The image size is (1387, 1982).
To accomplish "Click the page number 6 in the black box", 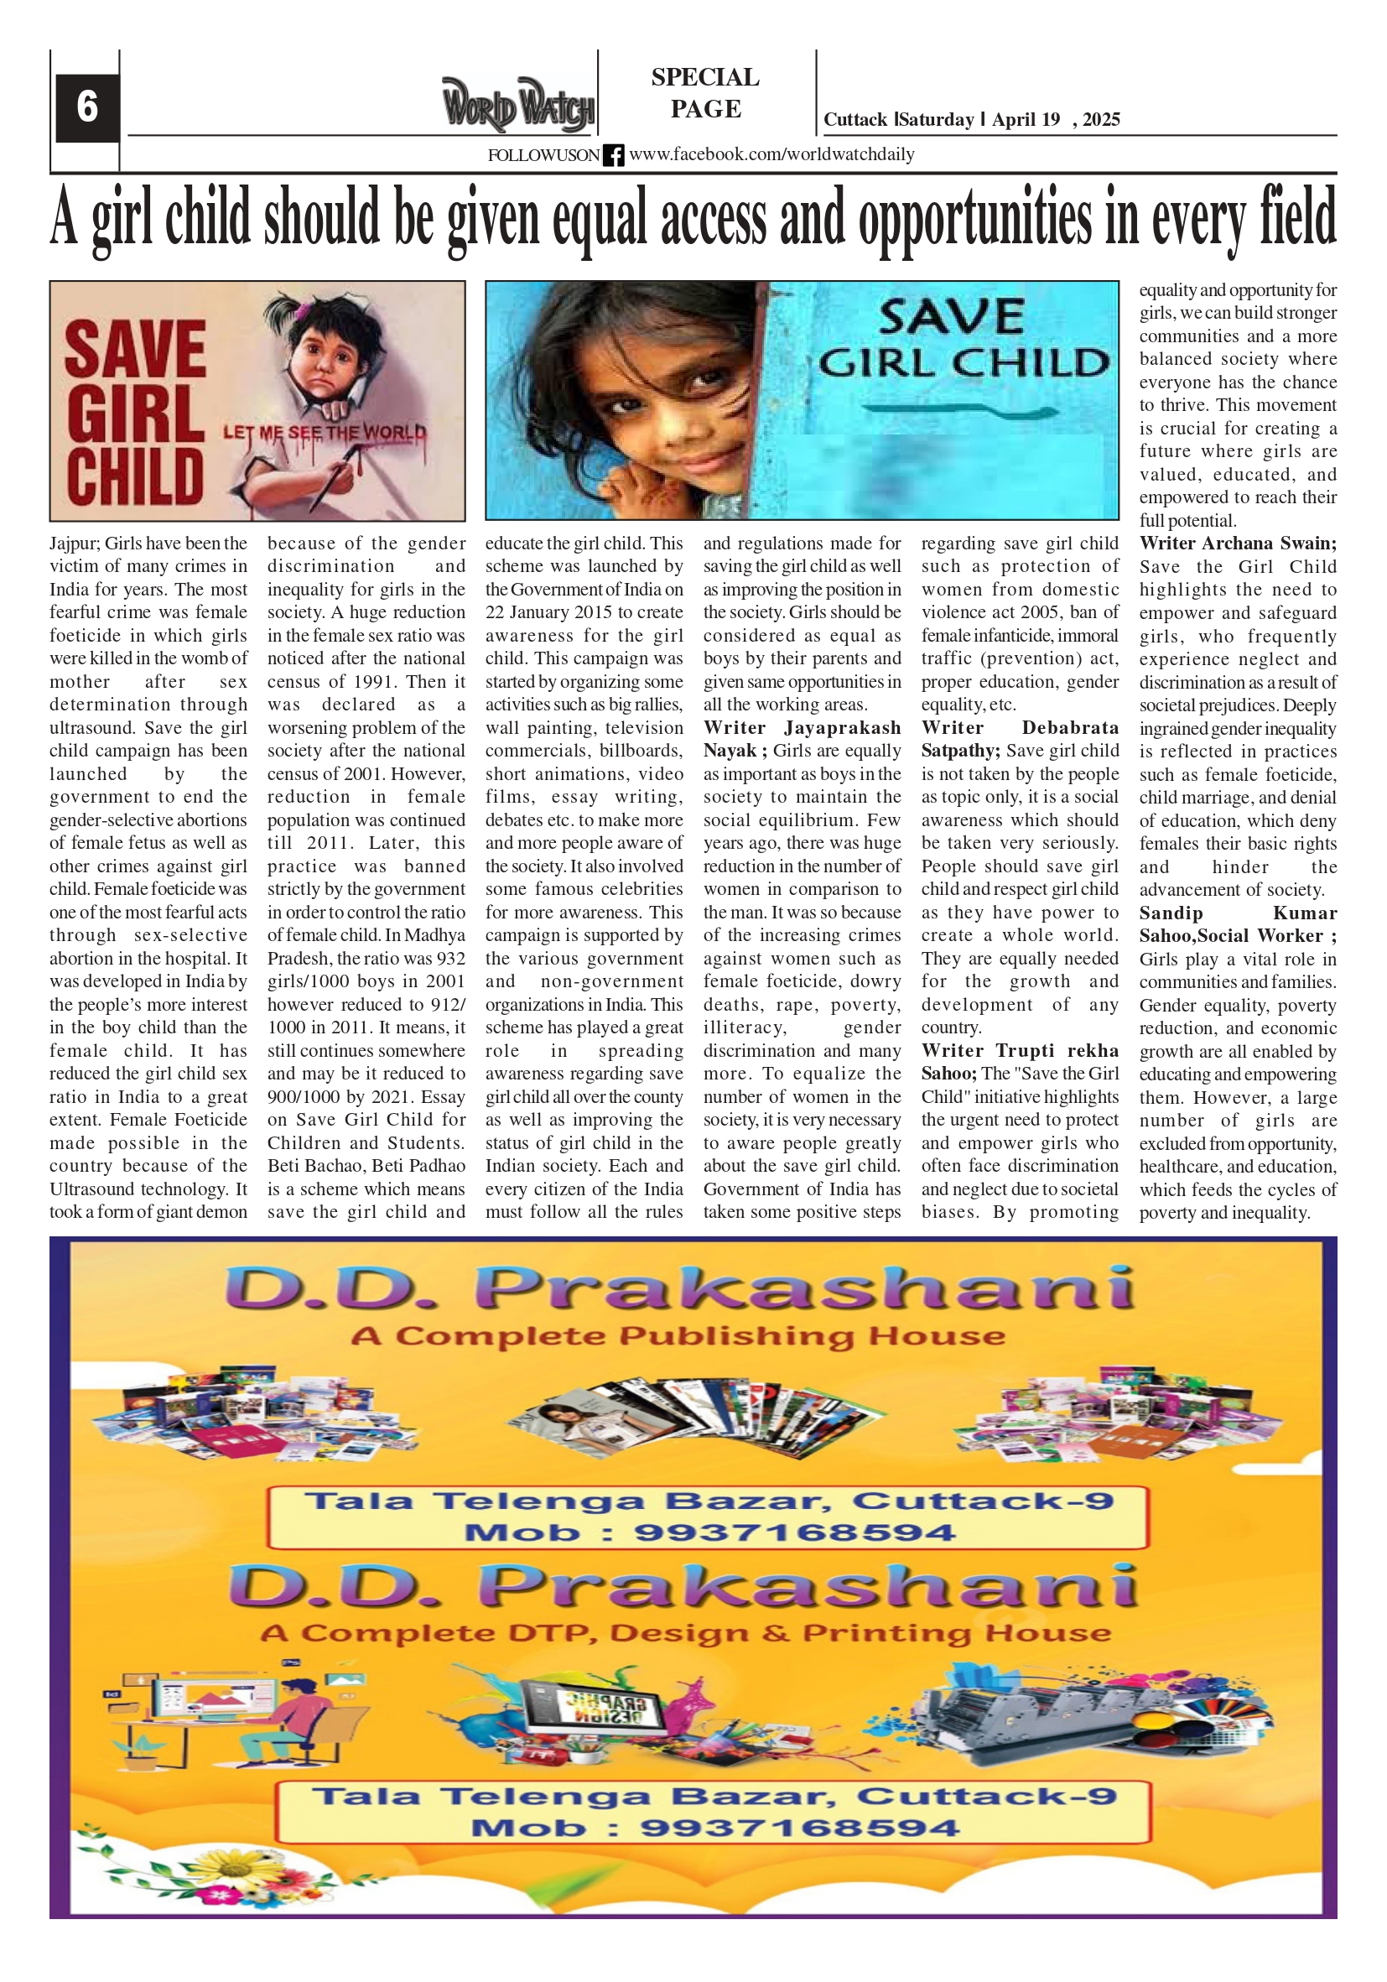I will pos(87,107).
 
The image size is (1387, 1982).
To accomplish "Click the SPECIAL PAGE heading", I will pos(705,92).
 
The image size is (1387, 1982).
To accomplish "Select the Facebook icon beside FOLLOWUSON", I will pos(613,155).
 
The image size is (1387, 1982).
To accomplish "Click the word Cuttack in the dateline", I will pos(855,120).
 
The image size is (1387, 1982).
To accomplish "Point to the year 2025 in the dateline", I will pos(1100,120).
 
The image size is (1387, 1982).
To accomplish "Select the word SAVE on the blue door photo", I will pos(951,317).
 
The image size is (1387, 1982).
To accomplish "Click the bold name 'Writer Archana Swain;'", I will pos(1237,544).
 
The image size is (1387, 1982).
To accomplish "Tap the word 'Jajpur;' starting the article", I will pos(75,544).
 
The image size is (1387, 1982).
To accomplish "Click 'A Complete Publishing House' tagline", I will pos(678,1336).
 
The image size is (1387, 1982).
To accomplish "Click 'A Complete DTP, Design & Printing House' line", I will pos(685,1633).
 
